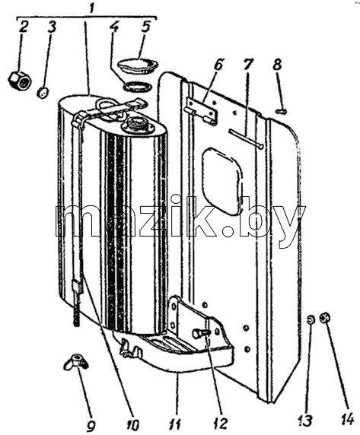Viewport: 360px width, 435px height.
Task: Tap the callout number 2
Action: click(24, 27)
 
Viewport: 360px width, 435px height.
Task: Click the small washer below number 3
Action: click(43, 92)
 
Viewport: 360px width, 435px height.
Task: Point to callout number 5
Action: click(145, 27)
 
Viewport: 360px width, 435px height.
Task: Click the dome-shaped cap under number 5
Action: click(139, 65)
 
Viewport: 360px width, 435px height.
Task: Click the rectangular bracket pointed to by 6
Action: click(201, 111)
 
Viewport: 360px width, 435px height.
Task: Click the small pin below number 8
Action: click(282, 111)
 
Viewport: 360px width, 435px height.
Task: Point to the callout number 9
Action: click(91, 426)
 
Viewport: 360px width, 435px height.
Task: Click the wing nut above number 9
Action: click(76, 361)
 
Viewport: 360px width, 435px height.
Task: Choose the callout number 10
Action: click(132, 426)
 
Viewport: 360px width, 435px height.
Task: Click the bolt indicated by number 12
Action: click(200, 332)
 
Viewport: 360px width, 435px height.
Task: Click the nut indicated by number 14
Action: click(323, 317)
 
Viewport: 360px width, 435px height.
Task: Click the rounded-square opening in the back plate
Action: click(221, 181)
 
